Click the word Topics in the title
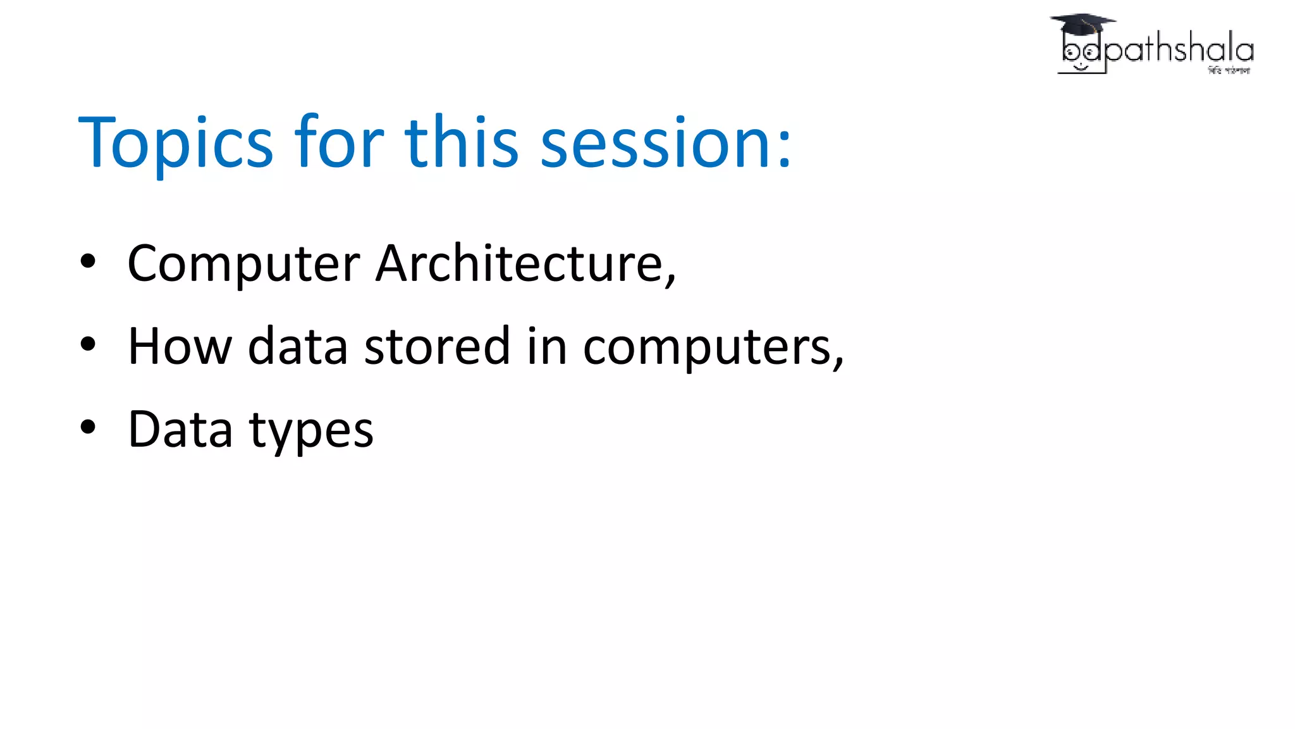tap(176, 143)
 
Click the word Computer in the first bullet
tap(243, 264)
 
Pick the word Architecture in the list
tap(525, 263)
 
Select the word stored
tap(437, 346)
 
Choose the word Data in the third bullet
tap(180, 429)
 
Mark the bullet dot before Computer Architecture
tap(88, 261)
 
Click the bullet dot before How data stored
tap(88, 344)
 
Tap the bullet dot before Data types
tap(88, 427)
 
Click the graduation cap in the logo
tap(1082, 24)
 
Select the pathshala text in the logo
tap(1179, 49)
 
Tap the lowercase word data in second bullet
tap(297, 346)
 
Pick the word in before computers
tap(548, 346)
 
